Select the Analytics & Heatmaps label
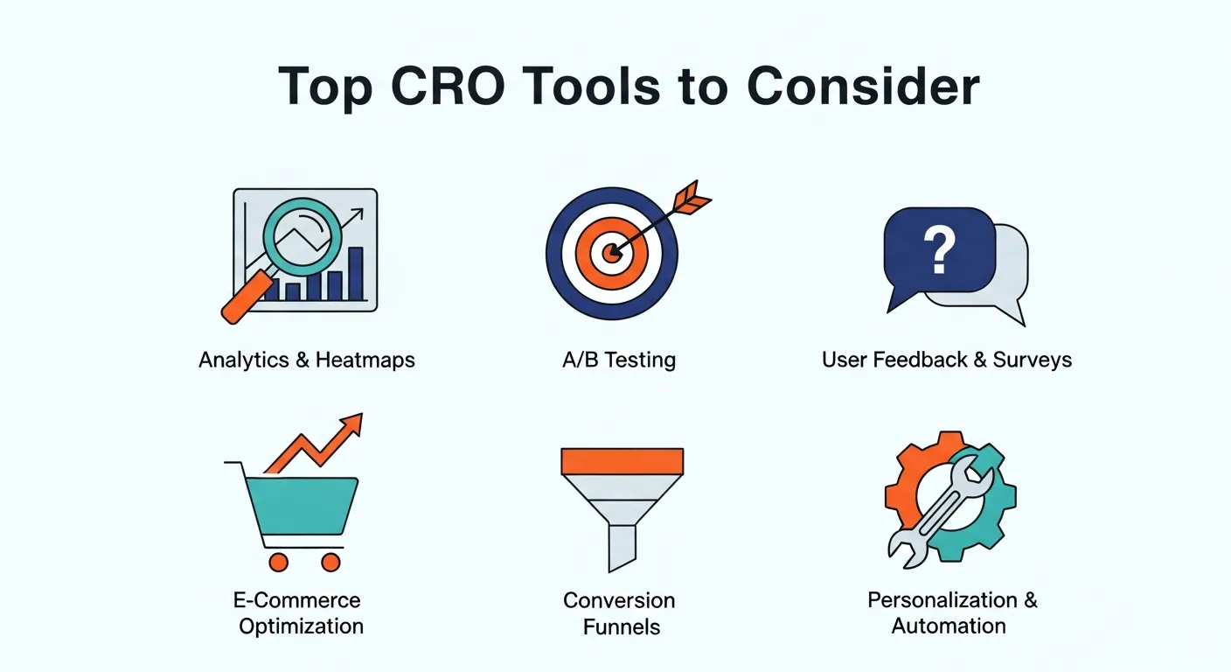tap(306, 360)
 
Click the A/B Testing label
tap(619, 360)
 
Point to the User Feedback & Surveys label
tap(946, 360)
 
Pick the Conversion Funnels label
tap(619, 613)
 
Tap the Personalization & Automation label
tap(951, 613)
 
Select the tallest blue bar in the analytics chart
tap(355, 274)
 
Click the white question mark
tap(940, 249)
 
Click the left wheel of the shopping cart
tap(279, 562)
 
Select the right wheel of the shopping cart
tap(330, 562)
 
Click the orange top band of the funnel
tap(622, 460)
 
